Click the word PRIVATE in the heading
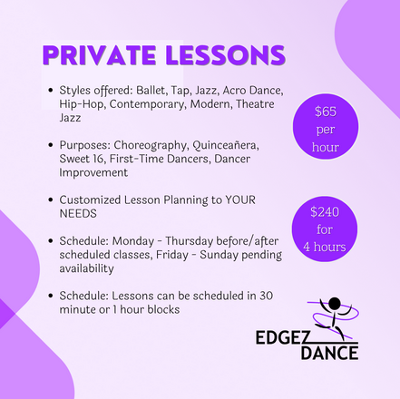(x=100, y=55)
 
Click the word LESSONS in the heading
(x=226, y=55)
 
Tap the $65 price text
(x=326, y=112)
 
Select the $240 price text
(x=325, y=212)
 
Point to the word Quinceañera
(x=226, y=145)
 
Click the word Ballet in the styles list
(x=151, y=91)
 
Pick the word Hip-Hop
(x=81, y=104)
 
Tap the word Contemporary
(x=147, y=104)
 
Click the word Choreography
(x=151, y=146)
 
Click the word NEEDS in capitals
(x=78, y=214)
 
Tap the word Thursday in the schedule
(x=190, y=241)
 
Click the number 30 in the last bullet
(x=267, y=296)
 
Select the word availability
(x=86, y=268)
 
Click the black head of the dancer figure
(x=335, y=304)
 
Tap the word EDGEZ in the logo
(x=278, y=337)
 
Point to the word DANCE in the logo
(x=329, y=353)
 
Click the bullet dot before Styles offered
(x=51, y=90)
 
